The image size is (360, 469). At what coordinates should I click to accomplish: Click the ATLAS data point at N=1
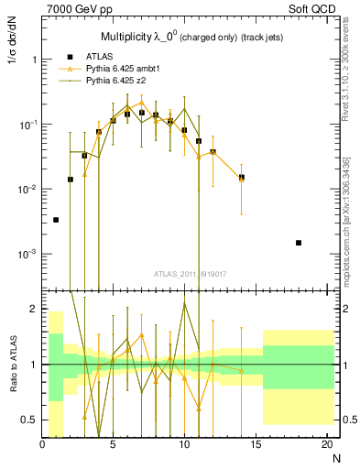pos(56,220)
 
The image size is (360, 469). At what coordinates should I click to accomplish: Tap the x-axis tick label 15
pos(255,446)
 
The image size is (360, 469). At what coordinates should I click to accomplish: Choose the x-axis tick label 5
pos(113,446)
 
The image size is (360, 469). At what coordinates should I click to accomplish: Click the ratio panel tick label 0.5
pos(29,420)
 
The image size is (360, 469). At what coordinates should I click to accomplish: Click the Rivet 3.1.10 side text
pos(347,73)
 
